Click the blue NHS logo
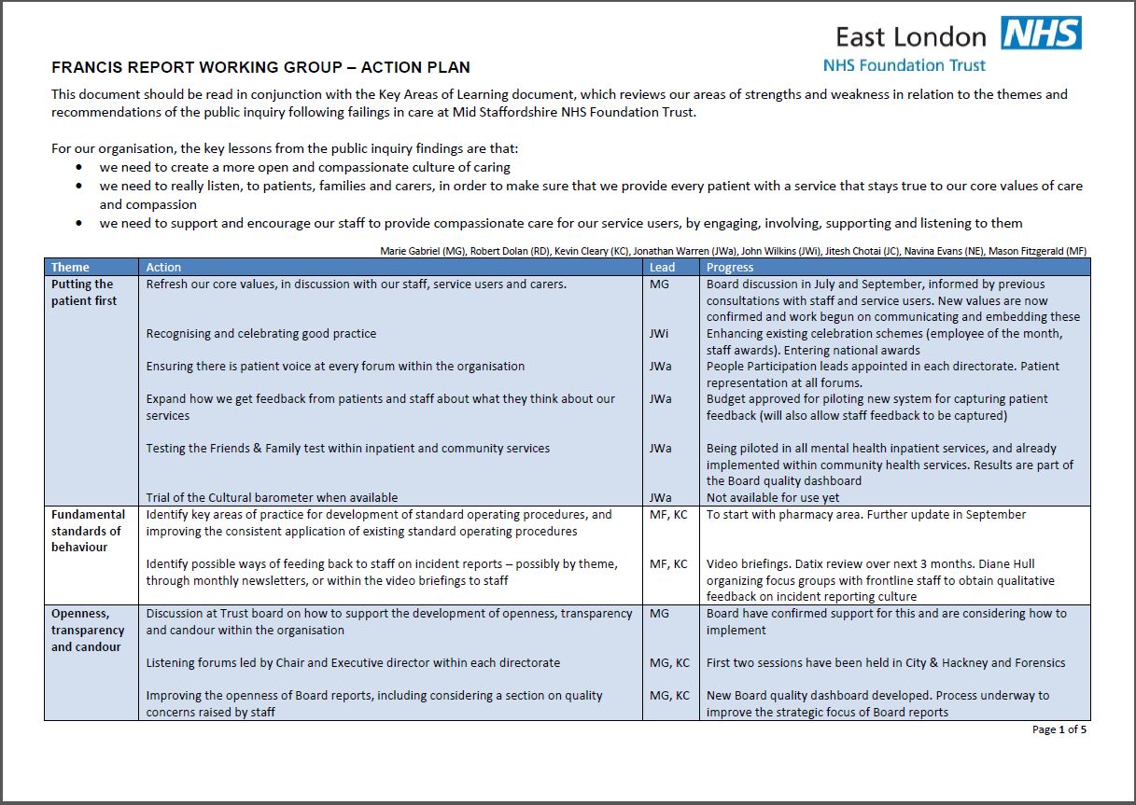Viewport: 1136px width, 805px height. pyautogui.click(x=1041, y=34)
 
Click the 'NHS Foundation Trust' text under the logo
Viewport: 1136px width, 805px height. pyautogui.click(x=904, y=65)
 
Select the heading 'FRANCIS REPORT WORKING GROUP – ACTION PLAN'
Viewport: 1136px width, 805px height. pyautogui.click(x=260, y=67)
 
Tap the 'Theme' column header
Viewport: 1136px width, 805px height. pyautogui.click(x=71, y=268)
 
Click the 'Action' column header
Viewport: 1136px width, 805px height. pyautogui.click(x=164, y=268)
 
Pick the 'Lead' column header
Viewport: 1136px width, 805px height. pyautogui.click(x=662, y=268)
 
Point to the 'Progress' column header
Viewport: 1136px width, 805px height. pyautogui.click(x=730, y=268)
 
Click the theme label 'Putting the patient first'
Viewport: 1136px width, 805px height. pyautogui.click(x=83, y=293)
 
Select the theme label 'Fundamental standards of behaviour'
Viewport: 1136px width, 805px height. pyautogui.click(x=88, y=531)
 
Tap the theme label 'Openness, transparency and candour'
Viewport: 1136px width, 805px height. pyautogui.click(x=88, y=631)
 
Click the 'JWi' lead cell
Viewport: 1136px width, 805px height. pyautogui.click(x=659, y=334)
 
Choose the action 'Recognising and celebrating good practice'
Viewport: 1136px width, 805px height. pyautogui.click(x=261, y=334)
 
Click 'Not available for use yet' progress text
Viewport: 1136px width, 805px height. pyautogui.click(x=773, y=498)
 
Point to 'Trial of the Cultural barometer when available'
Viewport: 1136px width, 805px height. pyautogui.click(x=272, y=498)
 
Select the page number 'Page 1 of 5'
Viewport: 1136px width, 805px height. pyautogui.click(x=1059, y=729)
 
